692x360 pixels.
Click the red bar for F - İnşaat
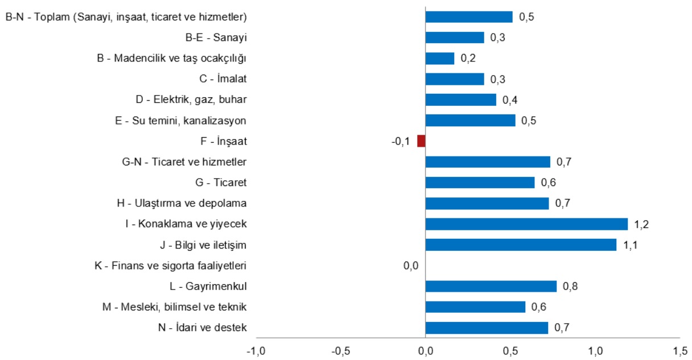coord(421,141)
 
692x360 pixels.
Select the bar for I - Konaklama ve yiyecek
coord(526,224)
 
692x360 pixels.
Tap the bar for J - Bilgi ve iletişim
coord(521,245)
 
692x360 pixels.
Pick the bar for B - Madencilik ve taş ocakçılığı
coord(440,58)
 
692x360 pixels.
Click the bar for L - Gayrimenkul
coord(491,286)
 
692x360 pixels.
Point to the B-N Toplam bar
coord(469,16)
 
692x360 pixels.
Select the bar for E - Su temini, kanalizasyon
coord(470,120)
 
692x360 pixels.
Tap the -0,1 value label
coord(401,141)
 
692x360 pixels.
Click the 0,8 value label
coord(570,286)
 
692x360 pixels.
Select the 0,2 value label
coord(468,58)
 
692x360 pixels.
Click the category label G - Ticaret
coord(221,183)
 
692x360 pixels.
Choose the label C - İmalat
coord(219,78)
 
